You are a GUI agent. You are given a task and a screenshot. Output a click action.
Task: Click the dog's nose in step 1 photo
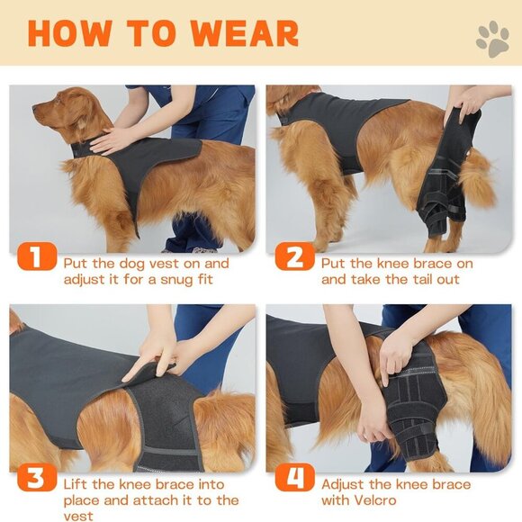[x=35, y=109]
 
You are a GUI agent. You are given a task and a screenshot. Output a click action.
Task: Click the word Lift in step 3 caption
[x=77, y=484]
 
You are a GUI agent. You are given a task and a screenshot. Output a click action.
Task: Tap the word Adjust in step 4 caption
[x=345, y=484]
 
